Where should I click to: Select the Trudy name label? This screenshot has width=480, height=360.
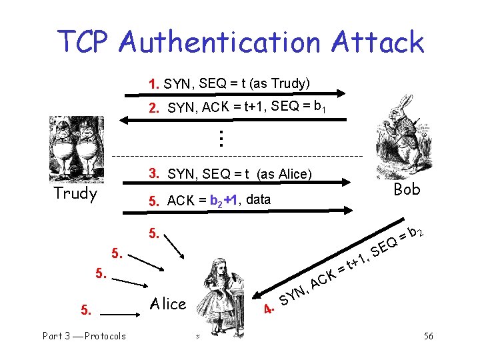(75, 194)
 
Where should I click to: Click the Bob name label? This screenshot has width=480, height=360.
(407, 189)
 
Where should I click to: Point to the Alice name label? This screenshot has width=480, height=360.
(167, 304)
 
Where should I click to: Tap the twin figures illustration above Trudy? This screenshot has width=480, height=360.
(76, 149)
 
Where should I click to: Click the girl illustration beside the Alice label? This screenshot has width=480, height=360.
(219, 293)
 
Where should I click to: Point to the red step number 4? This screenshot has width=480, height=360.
(269, 309)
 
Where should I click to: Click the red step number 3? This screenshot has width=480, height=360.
(154, 174)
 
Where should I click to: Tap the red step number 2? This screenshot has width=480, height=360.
(154, 107)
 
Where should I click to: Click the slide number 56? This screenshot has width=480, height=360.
(429, 336)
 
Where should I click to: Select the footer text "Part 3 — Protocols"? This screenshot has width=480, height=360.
(84, 336)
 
